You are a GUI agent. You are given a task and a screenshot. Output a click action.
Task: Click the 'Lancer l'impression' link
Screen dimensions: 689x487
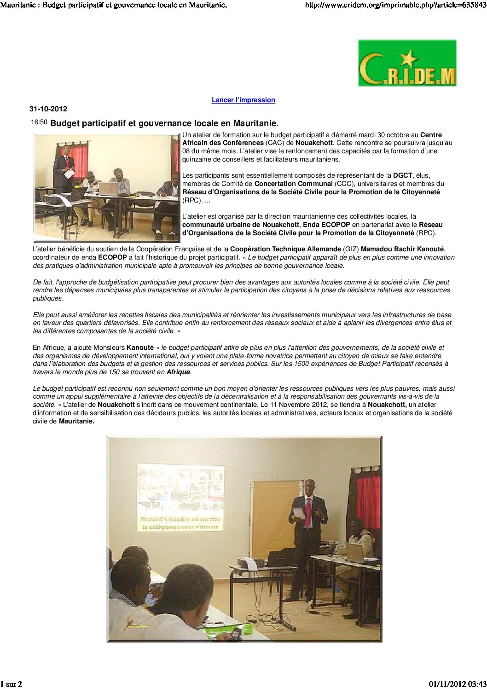(x=243, y=100)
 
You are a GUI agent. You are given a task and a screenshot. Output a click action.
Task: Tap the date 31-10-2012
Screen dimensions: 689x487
(x=48, y=109)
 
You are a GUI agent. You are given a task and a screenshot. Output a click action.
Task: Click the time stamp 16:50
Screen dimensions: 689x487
(x=39, y=122)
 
